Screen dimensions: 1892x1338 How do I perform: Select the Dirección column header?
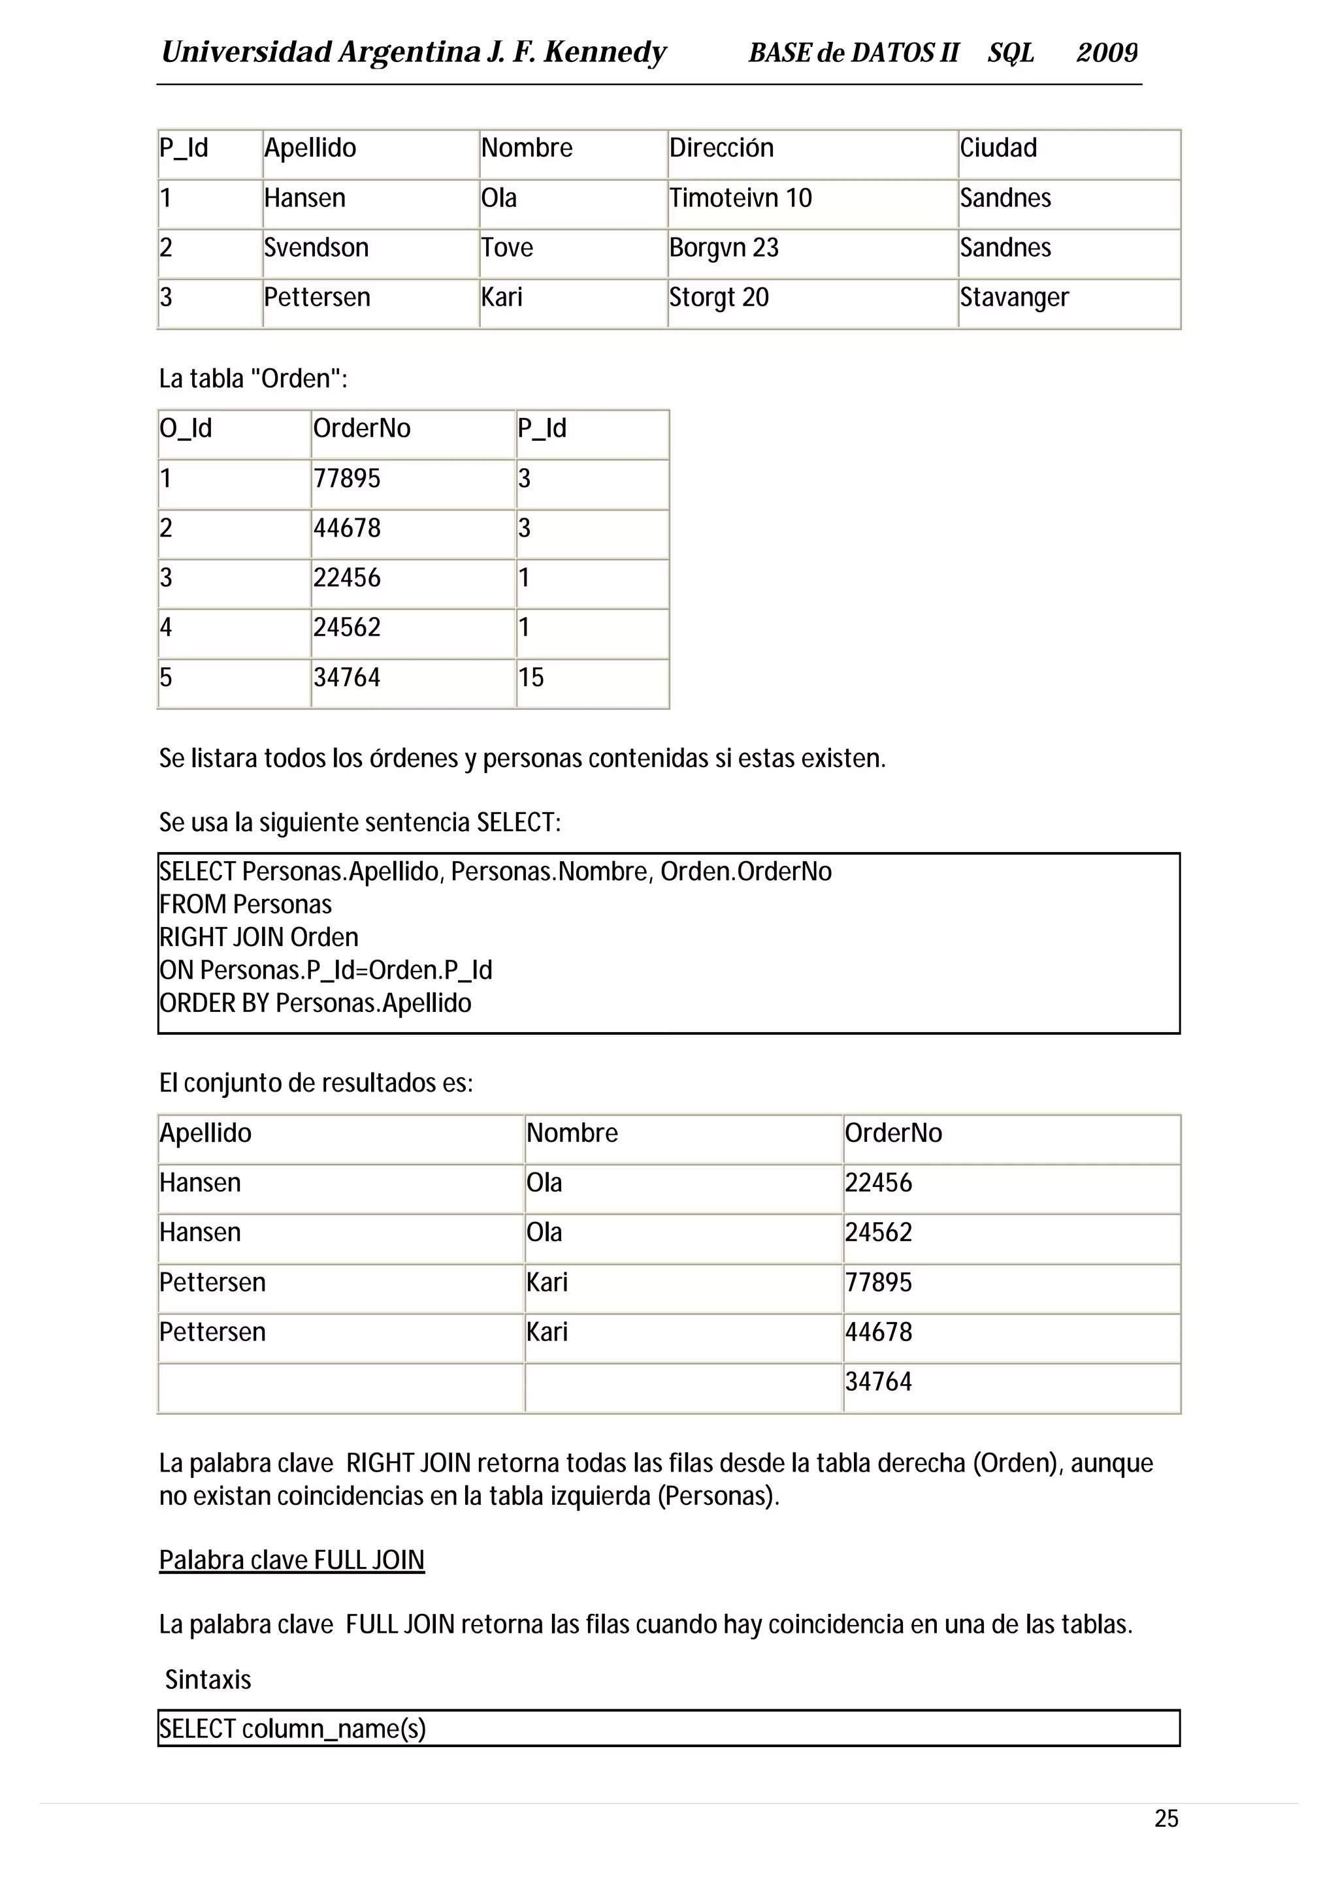pyautogui.click(x=721, y=148)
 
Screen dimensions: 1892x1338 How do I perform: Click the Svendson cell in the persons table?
pyautogui.click(x=316, y=247)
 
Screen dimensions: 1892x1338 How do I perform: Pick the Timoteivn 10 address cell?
pyautogui.click(x=740, y=198)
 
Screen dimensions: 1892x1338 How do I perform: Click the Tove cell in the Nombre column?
pyautogui.click(x=507, y=247)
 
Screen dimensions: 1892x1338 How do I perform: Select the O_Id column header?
pyautogui.click(x=186, y=428)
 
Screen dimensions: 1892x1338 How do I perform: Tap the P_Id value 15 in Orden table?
pyautogui.click(x=531, y=678)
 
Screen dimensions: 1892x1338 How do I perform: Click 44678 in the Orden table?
pyautogui.click(x=347, y=528)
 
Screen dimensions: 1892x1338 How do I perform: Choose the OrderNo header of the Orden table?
pyautogui.click(x=362, y=428)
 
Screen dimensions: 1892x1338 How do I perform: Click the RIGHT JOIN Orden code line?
pyautogui.click(x=259, y=937)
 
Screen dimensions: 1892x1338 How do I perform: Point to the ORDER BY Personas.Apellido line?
pyautogui.click(x=316, y=1003)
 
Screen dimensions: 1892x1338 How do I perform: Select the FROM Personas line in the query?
pyautogui.click(x=246, y=904)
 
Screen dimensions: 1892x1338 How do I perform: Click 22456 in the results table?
pyautogui.click(x=879, y=1182)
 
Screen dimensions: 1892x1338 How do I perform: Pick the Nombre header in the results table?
pyautogui.click(x=572, y=1133)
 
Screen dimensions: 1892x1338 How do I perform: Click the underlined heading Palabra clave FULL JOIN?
pyautogui.click(x=292, y=1560)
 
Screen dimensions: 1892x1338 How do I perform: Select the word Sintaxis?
pyautogui.click(x=208, y=1679)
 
